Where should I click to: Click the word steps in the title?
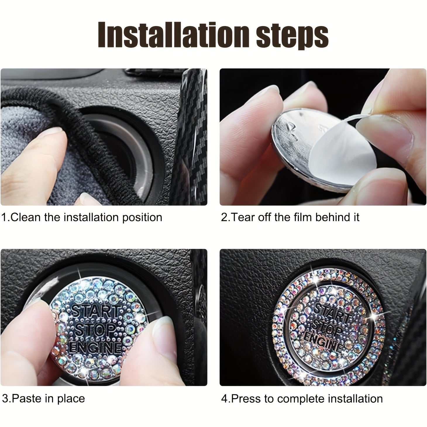[x=292, y=36]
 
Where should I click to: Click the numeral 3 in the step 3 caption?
[x=5, y=399]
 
